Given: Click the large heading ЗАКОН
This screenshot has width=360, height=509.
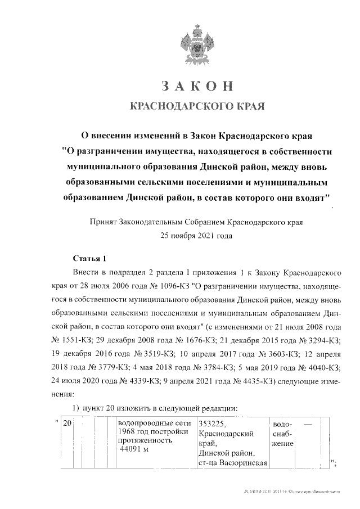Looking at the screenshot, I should tap(196, 86).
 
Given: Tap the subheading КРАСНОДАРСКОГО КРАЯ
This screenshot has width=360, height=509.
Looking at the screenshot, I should tap(197, 106).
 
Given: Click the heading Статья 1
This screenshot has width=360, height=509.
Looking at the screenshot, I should tap(90, 259).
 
